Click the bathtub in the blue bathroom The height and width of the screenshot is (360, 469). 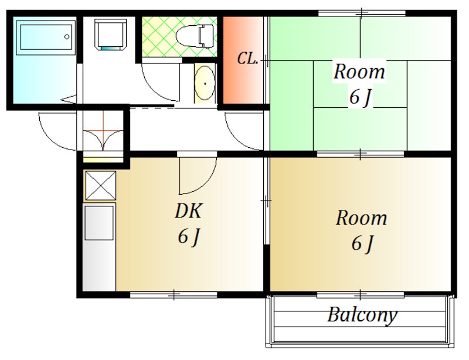[46, 38]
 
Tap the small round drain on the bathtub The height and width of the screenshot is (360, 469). [67, 37]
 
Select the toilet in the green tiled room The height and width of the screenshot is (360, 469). [195, 36]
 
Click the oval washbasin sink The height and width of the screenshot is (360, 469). [205, 83]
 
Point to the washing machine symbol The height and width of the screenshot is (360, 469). [110, 35]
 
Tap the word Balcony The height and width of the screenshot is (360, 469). [362, 315]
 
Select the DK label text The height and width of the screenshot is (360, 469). [188, 210]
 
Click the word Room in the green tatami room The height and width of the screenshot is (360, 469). [359, 72]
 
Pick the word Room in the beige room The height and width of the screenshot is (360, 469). [361, 218]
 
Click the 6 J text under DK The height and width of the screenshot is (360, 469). [188, 237]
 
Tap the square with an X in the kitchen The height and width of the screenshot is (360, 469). [100, 185]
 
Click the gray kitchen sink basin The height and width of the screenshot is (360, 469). [99, 223]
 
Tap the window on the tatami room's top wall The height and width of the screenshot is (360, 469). [361, 13]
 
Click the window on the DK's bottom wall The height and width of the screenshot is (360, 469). [174, 295]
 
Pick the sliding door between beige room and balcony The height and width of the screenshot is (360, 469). [361, 296]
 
